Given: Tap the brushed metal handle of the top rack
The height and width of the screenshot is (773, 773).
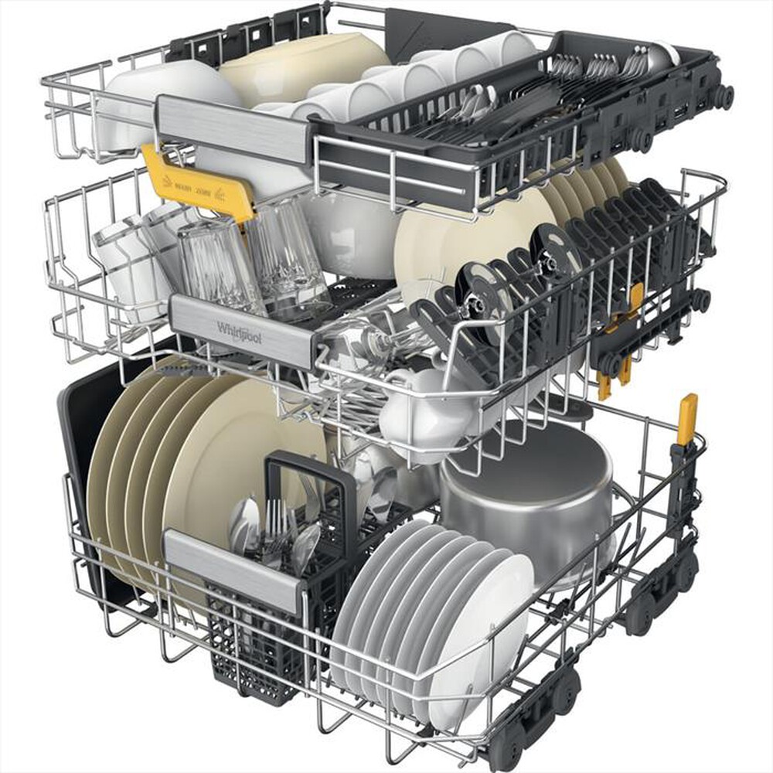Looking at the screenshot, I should click(x=232, y=128).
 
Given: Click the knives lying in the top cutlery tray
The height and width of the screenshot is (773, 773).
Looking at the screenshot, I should click(x=495, y=124).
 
